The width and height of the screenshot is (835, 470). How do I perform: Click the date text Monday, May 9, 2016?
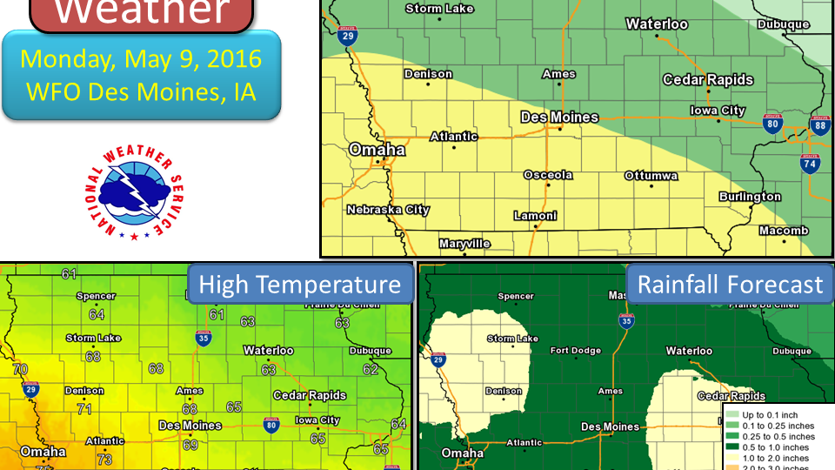tap(141, 59)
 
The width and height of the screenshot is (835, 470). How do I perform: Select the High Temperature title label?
tap(300, 285)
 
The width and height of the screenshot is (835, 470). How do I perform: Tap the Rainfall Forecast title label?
tap(730, 285)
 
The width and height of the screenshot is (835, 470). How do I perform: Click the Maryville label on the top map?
tap(464, 244)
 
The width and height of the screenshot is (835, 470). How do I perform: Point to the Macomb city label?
tap(783, 231)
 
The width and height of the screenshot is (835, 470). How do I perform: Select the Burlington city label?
tap(750, 197)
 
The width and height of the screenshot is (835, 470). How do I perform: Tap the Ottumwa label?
tap(651, 176)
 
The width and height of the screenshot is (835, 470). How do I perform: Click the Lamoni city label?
tap(535, 215)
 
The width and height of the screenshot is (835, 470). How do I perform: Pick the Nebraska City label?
tap(388, 210)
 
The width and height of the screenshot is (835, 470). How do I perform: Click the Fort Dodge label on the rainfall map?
tap(575, 351)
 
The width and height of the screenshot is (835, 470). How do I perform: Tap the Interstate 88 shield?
tap(819, 124)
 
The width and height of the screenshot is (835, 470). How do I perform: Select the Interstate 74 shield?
tap(809, 163)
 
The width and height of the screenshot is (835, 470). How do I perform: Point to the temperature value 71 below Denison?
tap(84, 408)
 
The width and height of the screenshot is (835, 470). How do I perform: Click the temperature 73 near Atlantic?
tap(104, 459)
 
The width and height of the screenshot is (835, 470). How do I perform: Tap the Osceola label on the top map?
tap(548, 175)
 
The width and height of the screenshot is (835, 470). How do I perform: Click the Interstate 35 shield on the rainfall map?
tap(626, 321)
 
